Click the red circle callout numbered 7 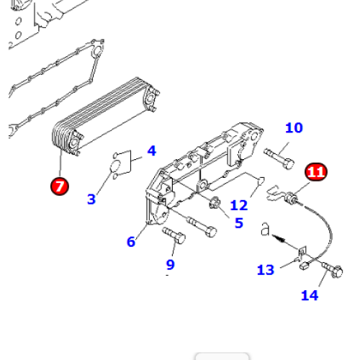click(60, 186)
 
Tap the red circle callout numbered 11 click(316, 172)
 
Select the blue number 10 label click(294, 127)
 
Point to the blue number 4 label click(152, 150)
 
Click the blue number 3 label click(91, 199)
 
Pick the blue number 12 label click(239, 205)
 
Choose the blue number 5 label click(239, 223)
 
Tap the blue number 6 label click(131, 241)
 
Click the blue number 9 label click(171, 264)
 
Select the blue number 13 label click(266, 270)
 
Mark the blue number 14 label click(310, 295)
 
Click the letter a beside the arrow click(265, 229)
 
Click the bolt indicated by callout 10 click(279, 158)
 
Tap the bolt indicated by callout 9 click(174, 235)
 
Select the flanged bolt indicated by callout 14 click(332, 270)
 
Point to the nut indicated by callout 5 click(215, 203)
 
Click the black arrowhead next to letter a click(279, 238)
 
